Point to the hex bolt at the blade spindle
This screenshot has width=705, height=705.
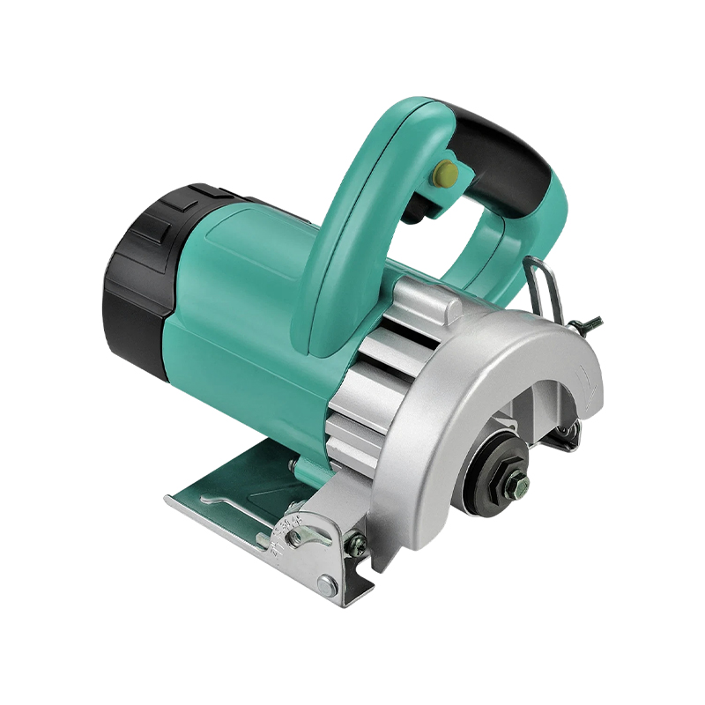[516, 479]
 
